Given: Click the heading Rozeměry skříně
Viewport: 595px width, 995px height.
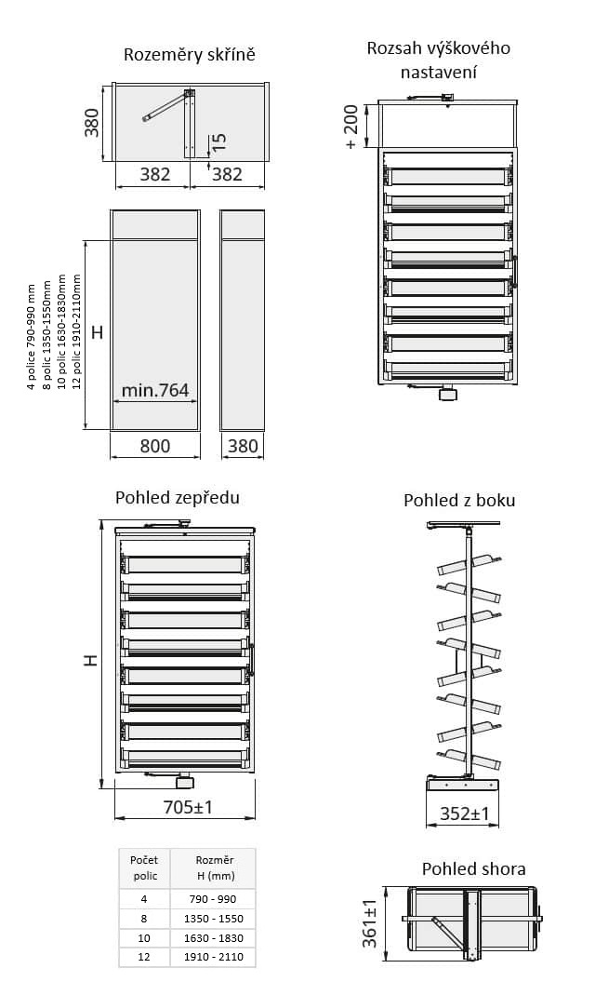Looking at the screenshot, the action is tap(189, 55).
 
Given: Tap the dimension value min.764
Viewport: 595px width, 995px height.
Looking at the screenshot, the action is tap(155, 390).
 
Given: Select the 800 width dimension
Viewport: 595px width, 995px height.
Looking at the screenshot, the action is tap(154, 446).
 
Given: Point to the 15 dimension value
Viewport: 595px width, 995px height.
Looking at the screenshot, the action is tap(219, 141).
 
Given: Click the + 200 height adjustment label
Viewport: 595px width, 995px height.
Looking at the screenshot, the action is tap(350, 127).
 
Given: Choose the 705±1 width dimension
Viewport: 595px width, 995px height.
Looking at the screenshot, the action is tap(188, 807).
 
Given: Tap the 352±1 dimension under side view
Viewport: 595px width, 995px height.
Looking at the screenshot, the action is tap(465, 813).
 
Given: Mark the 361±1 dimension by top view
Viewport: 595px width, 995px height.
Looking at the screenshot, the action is tap(370, 923).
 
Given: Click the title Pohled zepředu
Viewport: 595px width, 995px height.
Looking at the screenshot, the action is tap(178, 497).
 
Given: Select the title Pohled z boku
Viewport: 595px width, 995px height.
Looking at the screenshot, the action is tap(459, 501).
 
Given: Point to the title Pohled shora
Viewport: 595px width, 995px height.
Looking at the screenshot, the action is tap(474, 868).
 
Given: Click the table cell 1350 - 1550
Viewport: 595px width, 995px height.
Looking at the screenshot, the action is tap(214, 919).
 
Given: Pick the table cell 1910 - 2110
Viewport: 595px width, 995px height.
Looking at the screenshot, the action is tap(214, 957).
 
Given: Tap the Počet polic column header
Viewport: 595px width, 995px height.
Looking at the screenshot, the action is tap(144, 868).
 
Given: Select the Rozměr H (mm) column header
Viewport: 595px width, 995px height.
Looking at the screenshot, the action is tap(214, 868).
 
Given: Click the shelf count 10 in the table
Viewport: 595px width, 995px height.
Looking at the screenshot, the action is tap(144, 938).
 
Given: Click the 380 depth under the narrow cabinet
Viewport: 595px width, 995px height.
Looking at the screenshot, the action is tap(243, 446).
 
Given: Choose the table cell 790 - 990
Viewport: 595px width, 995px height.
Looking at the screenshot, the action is tap(214, 899).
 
